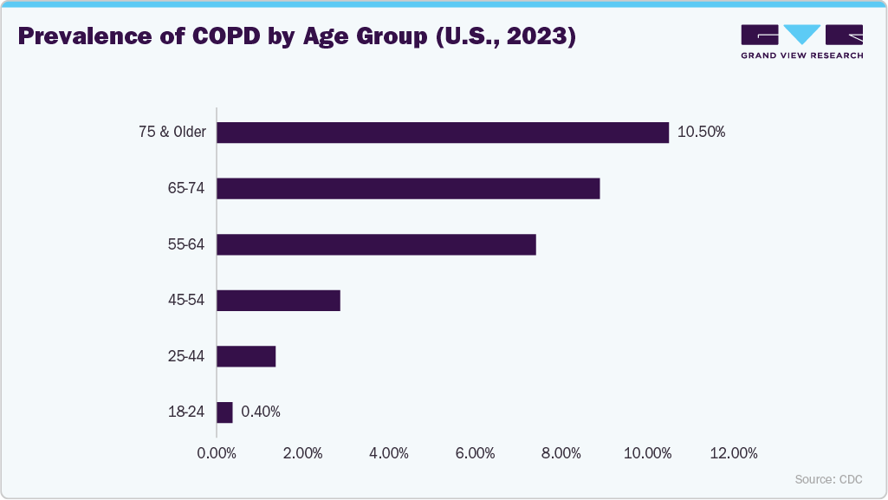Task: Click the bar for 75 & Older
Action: (x=442, y=133)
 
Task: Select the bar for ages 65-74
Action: (x=407, y=188)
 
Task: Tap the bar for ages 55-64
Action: (x=376, y=244)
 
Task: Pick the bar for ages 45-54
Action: (x=278, y=301)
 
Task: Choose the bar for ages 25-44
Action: (x=246, y=356)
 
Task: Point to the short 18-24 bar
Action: (x=224, y=412)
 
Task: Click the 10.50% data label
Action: (x=701, y=133)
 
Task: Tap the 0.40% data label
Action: (x=261, y=412)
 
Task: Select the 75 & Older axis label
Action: (x=172, y=133)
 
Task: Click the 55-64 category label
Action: (x=186, y=244)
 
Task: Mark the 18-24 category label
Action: (x=186, y=412)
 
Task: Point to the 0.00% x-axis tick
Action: (x=217, y=453)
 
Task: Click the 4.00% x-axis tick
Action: (x=389, y=453)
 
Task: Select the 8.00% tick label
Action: (x=561, y=453)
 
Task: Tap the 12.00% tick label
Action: (x=733, y=453)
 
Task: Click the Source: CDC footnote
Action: (x=828, y=479)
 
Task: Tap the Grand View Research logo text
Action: (x=801, y=55)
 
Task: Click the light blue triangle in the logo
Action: (x=802, y=35)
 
